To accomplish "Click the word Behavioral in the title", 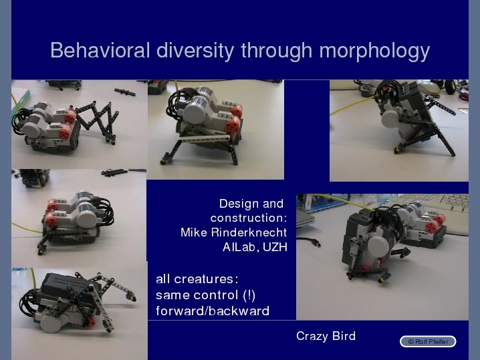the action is click(x=100, y=50).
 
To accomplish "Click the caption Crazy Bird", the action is click(x=326, y=336).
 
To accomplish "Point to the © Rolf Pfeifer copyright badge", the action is click(x=428, y=341).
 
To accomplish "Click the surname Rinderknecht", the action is click(x=249, y=232).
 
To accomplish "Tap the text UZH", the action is click(x=275, y=247).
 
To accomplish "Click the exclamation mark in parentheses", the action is click(x=249, y=295).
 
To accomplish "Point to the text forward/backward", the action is click(x=213, y=311).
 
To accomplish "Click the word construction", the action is click(x=249, y=218).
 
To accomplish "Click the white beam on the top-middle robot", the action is click(x=205, y=139).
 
